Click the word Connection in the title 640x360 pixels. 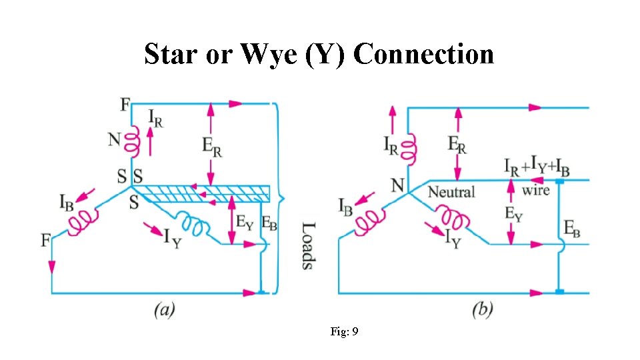coord(424,53)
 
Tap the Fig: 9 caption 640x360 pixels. coord(345,331)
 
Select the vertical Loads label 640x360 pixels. coord(307,245)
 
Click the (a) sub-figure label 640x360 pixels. coord(165,310)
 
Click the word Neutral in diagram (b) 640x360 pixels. coord(451,192)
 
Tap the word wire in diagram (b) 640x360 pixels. coord(535,191)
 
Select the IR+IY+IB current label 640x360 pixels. coord(537,167)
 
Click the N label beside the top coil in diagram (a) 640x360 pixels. coord(115,139)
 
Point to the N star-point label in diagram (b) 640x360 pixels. coord(398,185)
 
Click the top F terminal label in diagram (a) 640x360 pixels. coord(125,105)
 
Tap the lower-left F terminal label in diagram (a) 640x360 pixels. coord(46,240)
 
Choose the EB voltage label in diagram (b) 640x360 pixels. coord(571,229)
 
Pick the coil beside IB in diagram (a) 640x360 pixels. coord(83,221)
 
